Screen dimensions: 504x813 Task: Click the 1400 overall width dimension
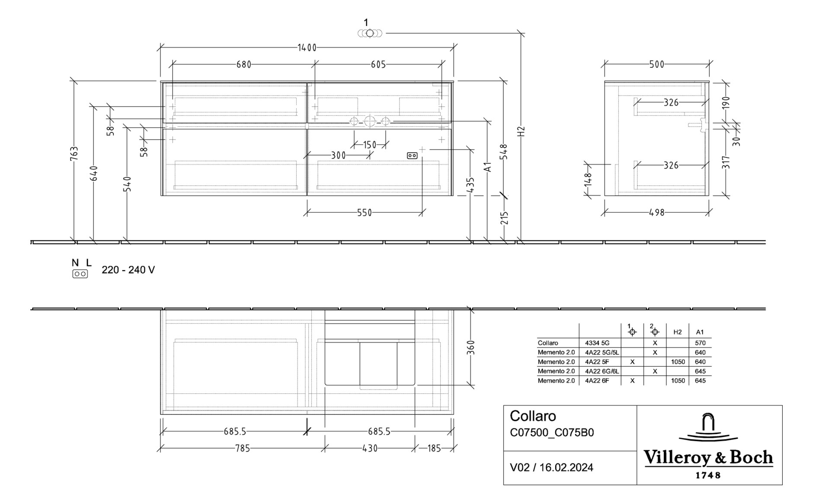pos(307,48)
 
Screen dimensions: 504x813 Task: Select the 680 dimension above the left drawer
pos(244,64)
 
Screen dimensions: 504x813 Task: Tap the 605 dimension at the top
pos(378,64)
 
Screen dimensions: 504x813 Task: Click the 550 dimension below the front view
pos(364,213)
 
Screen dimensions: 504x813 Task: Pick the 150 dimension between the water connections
pos(370,145)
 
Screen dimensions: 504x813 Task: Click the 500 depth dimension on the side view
pos(656,64)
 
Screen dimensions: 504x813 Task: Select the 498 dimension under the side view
pos(656,213)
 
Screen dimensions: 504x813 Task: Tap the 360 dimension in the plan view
pos(471,348)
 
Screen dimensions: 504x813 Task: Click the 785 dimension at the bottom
pos(243,449)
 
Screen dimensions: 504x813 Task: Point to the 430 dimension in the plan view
pos(370,449)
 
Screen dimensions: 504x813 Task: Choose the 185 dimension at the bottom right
pos(434,449)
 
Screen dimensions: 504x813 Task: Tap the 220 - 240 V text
pos(128,270)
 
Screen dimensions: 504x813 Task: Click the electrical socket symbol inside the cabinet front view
pos(412,156)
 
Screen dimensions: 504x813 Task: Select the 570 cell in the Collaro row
pos(700,343)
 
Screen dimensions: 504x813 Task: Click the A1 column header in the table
pos(700,332)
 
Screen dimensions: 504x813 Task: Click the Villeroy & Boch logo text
pos(708,457)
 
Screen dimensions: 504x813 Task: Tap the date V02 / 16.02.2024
pos(551,467)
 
